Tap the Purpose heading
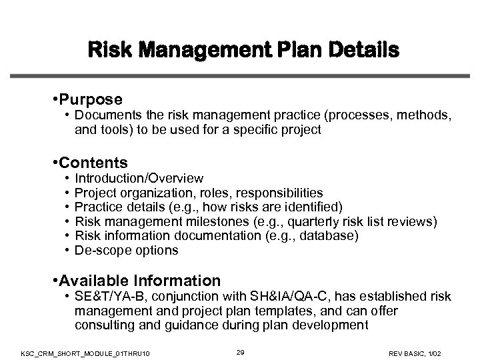(x=90, y=99)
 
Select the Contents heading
(x=94, y=163)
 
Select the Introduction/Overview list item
(x=139, y=179)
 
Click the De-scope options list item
(x=127, y=251)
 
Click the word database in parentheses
(x=331, y=236)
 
